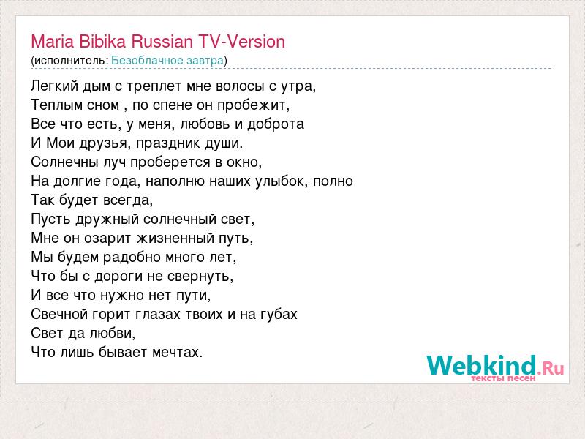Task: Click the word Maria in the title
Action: pyautogui.click(x=52, y=42)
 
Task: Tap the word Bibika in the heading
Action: pyautogui.click(x=102, y=42)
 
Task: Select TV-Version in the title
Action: pyautogui.click(x=241, y=42)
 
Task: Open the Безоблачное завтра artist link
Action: pyautogui.click(x=167, y=61)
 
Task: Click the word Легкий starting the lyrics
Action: pyautogui.click(x=54, y=86)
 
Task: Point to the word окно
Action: pyautogui.click(x=244, y=162)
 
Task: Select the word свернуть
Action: pyautogui.click(x=200, y=277)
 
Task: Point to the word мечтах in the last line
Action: pyautogui.click(x=177, y=352)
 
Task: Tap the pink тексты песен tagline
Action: pyautogui.click(x=503, y=378)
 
